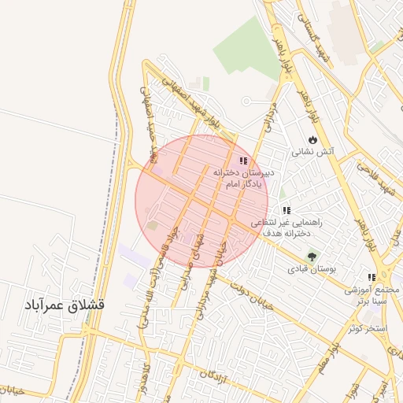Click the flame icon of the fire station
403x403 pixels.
(313, 139)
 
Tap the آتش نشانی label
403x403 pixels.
(314, 151)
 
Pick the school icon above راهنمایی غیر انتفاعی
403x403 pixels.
(287, 210)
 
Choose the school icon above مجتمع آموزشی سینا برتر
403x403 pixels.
(372, 278)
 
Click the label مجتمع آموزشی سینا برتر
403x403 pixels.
(372, 294)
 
